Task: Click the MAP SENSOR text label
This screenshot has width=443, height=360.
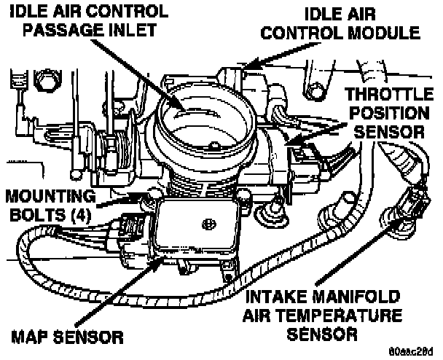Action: [x=67, y=337]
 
